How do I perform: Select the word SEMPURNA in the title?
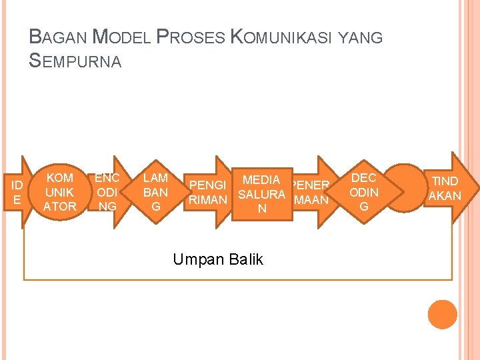click(x=75, y=61)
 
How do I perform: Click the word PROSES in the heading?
click(x=190, y=37)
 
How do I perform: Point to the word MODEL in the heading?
click(x=121, y=37)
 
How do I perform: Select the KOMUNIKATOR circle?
click(x=59, y=192)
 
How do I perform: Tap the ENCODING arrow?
click(x=107, y=192)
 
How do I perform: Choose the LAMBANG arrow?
click(x=156, y=192)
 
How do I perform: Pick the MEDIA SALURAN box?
click(x=261, y=194)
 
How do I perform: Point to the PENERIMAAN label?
click(x=311, y=192)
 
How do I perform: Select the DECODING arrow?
click(x=363, y=192)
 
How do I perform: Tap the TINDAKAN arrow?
click(x=445, y=188)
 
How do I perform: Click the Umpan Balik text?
click(x=218, y=259)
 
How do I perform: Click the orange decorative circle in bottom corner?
click(x=442, y=315)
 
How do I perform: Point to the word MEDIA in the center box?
click(x=261, y=179)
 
